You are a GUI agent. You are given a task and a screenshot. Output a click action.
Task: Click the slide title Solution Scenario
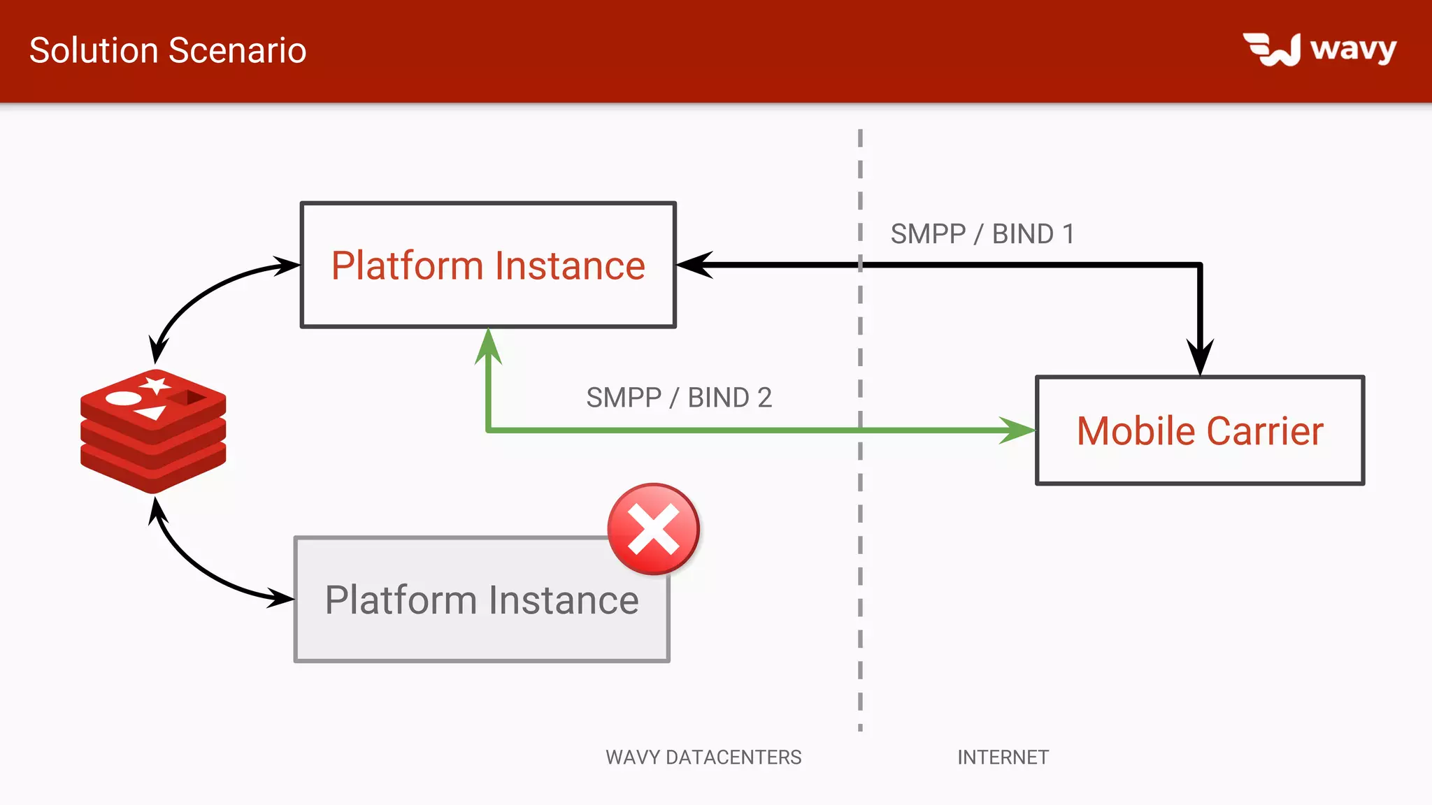pyautogui.click(x=168, y=50)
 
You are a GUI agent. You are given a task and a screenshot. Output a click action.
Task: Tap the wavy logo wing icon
pyautogui.click(x=1271, y=50)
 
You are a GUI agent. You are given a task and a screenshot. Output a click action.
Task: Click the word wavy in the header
pyautogui.click(x=1353, y=49)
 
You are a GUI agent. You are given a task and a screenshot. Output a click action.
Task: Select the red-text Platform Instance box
pyautogui.click(x=487, y=265)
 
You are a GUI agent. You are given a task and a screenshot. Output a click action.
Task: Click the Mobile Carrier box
pyautogui.click(x=1200, y=430)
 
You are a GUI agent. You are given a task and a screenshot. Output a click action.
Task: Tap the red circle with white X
pyautogui.click(x=653, y=529)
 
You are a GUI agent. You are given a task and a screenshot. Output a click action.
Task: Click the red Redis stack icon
pyautogui.click(x=153, y=432)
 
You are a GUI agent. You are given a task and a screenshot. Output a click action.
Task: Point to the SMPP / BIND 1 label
pyautogui.click(x=982, y=233)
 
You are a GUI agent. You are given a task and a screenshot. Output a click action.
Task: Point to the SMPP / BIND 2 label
pyautogui.click(x=678, y=398)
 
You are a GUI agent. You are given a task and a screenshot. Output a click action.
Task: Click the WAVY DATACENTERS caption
pyautogui.click(x=703, y=757)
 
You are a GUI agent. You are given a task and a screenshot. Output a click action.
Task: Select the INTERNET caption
pyautogui.click(x=1003, y=757)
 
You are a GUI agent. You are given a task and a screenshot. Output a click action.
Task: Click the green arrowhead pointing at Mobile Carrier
pyautogui.click(x=1017, y=430)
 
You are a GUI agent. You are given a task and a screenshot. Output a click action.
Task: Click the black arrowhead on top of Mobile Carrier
pyautogui.click(x=1200, y=358)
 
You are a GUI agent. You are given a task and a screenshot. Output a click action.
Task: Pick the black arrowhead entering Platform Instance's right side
pyautogui.click(x=696, y=265)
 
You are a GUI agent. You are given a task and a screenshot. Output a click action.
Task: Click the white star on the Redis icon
pyautogui.click(x=155, y=384)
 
